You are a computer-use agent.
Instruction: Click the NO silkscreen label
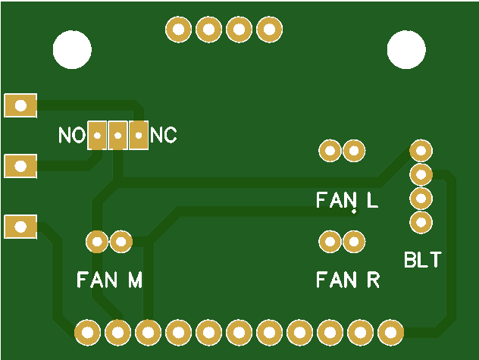[x=72, y=136]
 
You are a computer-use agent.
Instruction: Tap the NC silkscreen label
[x=164, y=136]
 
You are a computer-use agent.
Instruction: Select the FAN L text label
[x=347, y=201]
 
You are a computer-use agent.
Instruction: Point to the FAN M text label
[x=110, y=280]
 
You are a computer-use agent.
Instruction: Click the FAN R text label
[x=348, y=280]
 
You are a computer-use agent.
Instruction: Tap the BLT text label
[x=422, y=261]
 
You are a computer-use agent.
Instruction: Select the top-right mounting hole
[x=406, y=49]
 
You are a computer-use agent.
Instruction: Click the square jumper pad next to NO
[x=98, y=136]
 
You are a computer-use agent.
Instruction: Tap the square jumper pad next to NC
[x=139, y=136]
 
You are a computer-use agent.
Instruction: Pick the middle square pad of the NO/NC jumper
[x=118, y=136]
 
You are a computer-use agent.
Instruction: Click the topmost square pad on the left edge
[x=20, y=105]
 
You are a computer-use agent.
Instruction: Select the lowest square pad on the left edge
[x=20, y=226]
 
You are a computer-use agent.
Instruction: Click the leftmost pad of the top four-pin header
[x=179, y=30]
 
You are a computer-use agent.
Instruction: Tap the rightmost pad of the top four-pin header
[x=269, y=30]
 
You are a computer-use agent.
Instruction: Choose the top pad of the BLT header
[x=421, y=150]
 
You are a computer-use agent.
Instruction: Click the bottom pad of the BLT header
[x=421, y=222]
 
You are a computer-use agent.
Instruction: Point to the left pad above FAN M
[x=97, y=242]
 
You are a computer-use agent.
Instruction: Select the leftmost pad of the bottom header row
[x=88, y=331]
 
